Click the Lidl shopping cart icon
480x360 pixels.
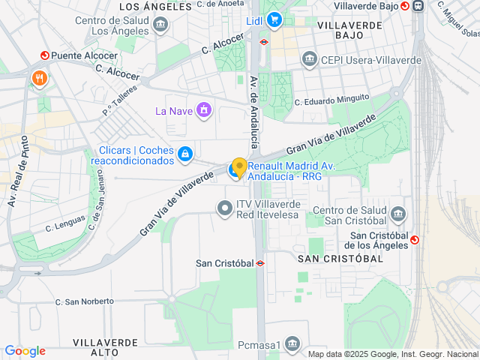pos(274,20)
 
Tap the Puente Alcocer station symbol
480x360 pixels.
pos(44,55)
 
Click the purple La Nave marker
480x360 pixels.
pos(204,112)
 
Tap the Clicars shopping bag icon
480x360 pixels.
pos(184,154)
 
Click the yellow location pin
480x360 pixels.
pos(239,167)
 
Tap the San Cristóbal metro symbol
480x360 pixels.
pos(260,263)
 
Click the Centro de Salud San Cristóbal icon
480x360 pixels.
pos(398,214)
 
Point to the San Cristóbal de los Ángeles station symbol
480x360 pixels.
pos(415,240)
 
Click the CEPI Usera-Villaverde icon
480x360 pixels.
pos(309,58)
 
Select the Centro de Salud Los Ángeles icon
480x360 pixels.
pos(160,25)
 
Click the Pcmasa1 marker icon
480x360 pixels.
pos(292,345)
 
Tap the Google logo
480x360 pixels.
pos(25,351)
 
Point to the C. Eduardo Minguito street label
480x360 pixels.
pos(331,100)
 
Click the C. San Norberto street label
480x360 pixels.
pos(84,301)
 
